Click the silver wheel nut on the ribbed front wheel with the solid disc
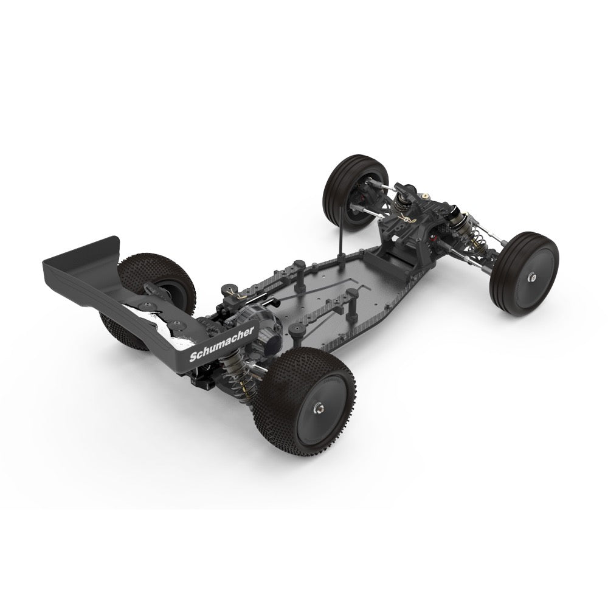pos(532,277)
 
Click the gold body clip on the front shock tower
pos(406,219)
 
